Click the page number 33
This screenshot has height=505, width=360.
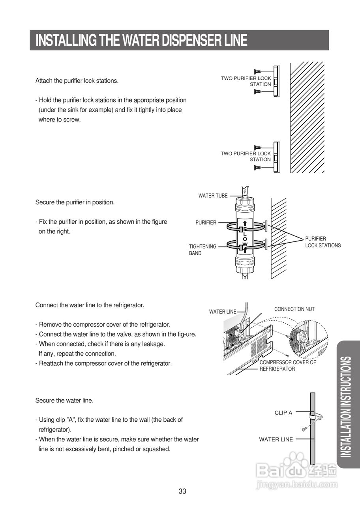[182, 491]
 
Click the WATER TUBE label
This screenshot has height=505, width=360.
[213, 196]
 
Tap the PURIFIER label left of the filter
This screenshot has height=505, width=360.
[206, 223]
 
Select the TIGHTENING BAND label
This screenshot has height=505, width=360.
[202, 250]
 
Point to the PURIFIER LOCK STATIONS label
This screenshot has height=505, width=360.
[322, 242]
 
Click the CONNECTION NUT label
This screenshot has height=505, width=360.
[294, 309]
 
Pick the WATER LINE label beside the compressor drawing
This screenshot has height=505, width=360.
[222, 312]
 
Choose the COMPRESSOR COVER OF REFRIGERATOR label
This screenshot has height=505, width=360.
[287, 365]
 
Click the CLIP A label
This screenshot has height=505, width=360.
[283, 413]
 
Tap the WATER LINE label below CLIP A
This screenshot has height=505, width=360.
[276, 439]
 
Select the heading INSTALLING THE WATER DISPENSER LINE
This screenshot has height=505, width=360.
[141, 40]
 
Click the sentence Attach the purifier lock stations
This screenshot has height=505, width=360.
[77, 81]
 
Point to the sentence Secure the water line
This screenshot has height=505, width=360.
[64, 400]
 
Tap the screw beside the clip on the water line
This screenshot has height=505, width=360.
[305, 428]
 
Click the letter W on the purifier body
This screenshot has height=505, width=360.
[245, 245]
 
